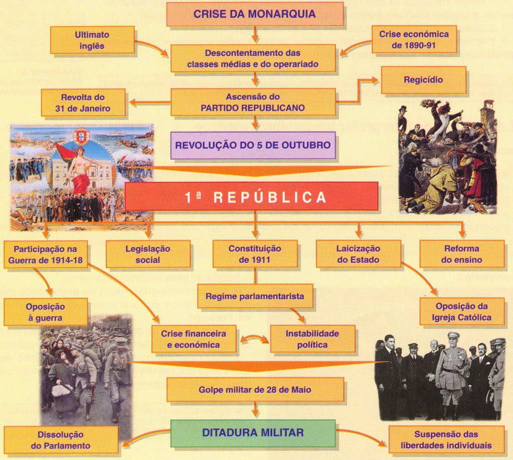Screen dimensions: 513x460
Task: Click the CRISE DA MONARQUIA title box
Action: [255, 14]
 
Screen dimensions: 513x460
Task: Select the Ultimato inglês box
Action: [92, 40]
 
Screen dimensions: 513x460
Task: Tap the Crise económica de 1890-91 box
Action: [414, 40]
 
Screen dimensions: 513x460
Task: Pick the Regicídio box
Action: [423, 80]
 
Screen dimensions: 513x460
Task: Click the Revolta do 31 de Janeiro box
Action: [83, 103]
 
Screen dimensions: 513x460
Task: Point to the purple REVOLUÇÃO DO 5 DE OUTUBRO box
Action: [253, 146]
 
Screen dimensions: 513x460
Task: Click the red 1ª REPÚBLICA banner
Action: [251, 196]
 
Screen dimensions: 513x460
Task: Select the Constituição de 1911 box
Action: [255, 254]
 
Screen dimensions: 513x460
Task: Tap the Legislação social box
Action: [148, 254]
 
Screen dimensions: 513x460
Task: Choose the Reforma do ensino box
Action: [461, 254]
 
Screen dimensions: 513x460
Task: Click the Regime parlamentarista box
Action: [255, 296]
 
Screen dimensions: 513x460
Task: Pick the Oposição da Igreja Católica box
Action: [461, 311]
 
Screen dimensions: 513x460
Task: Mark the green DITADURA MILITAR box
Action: [253, 433]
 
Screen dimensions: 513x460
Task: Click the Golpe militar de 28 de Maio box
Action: [255, 390]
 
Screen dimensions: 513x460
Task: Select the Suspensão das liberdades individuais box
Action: [446, 440]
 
